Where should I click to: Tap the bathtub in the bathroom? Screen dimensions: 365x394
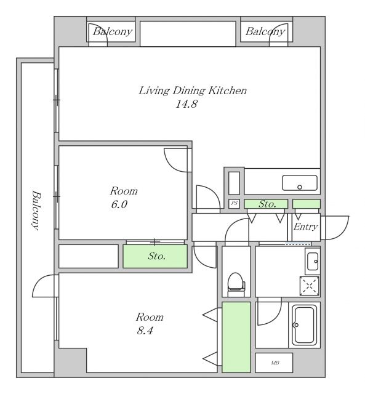pos(305,325)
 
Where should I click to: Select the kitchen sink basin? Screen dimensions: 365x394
pos(299,183)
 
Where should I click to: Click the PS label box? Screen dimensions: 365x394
pos(234,204)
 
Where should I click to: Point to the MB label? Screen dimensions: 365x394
pos(275,363)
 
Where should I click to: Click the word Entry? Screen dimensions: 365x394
pos(305,227)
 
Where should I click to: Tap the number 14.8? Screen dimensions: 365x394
pos(186,104)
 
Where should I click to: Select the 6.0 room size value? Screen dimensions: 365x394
pos(119,204)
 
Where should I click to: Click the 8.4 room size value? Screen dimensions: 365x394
pos(145,331)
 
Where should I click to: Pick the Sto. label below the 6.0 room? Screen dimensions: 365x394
pos(157,256)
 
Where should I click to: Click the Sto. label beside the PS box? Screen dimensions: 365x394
pos(267,204)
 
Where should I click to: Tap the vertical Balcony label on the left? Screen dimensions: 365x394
pos(36,211)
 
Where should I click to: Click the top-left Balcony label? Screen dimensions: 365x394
pos(113,32)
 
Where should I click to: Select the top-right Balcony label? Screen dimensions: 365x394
pos(265,32)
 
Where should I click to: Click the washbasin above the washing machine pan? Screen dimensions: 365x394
pos(313,261)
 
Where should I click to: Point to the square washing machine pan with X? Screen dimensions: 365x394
pos(310,286)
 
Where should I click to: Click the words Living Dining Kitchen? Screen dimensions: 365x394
pos(193,90)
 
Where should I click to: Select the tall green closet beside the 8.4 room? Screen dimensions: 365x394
pos(236,337)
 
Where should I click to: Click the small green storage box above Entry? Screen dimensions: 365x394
pos(307,204)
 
